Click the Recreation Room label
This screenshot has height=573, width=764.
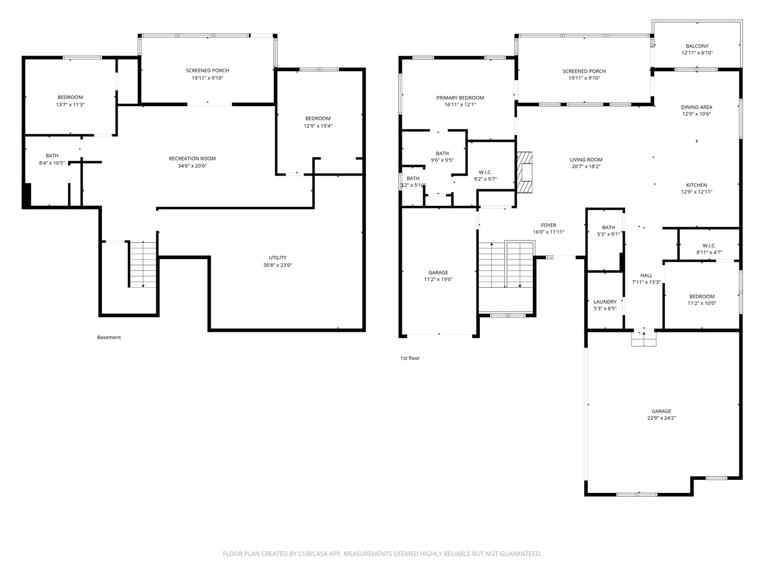(192, 159)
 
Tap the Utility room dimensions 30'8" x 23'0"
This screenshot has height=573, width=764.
(278, 265)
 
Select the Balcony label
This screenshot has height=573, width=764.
(697, 46)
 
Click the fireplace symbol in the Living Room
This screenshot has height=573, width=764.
(524, 172)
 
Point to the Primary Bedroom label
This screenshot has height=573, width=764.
(460, 98)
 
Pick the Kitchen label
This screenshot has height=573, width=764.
(696, 185)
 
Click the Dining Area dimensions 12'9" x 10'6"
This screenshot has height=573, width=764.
(696, 114)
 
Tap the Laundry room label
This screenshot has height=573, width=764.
(605, 301)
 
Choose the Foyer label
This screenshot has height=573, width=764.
(549, 225)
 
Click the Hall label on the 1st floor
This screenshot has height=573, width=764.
(646, 275)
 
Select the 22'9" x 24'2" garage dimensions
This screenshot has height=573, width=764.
(661, 418)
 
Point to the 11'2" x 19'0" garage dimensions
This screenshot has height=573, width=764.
(438, 279)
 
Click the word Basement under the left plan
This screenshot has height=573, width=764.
(109, 337)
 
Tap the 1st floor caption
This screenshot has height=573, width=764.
(409, 358)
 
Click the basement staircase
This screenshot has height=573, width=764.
(143, 264)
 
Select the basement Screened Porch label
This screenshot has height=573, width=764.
(207, 70)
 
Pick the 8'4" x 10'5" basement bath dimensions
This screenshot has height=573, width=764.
(51, 163)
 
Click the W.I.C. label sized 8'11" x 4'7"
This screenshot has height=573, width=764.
(709, 246)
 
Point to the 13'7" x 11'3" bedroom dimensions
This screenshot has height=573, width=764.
(70, 104)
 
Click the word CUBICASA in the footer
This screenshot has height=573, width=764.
(313, 554)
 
